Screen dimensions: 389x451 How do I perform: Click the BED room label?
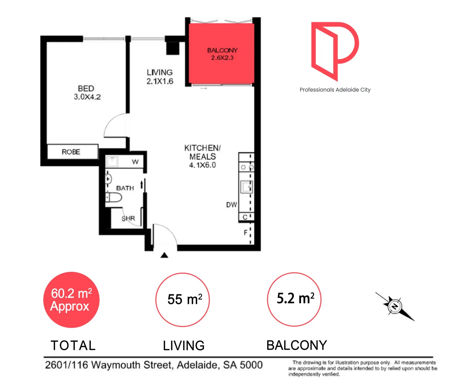87,93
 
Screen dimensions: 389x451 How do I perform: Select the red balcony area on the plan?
221,54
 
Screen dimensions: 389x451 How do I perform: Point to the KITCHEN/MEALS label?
202,156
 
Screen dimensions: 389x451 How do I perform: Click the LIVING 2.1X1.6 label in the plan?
160,77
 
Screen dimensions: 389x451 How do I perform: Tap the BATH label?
125,188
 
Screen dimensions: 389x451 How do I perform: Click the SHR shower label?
128,218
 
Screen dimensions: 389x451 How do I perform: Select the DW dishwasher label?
231,205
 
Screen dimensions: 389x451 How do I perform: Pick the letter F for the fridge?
246,233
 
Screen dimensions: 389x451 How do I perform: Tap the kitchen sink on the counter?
247,187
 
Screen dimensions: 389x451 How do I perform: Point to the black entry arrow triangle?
164,255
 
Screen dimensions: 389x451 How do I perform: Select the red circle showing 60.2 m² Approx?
71,300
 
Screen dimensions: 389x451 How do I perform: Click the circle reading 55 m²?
182,300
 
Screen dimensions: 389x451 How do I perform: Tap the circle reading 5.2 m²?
294,299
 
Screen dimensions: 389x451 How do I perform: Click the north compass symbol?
395,306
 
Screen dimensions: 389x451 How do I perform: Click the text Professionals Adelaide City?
335,90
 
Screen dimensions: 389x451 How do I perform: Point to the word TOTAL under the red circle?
73,345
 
